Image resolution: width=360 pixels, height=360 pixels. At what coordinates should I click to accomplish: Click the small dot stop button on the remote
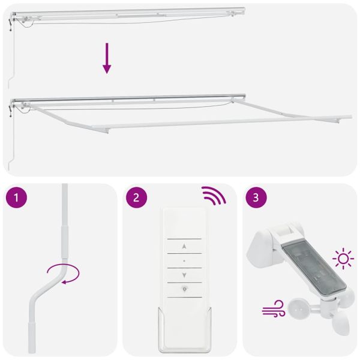(x=184, y=261)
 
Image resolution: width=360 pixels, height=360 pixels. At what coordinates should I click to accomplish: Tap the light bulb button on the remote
(x=184, y=289)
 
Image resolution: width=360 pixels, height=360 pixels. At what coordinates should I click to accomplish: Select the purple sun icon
(x=343, y=260)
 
